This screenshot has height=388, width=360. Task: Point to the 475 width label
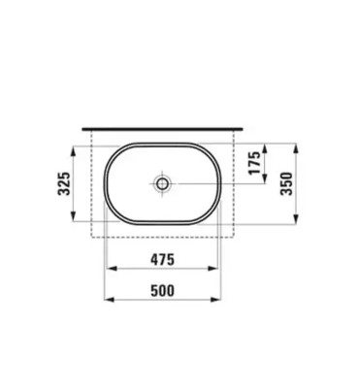tap(163, 260)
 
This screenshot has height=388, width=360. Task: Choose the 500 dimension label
tap(163, 288)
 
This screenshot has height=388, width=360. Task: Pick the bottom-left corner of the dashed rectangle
tap(90, 235)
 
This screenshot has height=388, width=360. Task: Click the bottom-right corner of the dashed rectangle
tap(236, 235)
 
